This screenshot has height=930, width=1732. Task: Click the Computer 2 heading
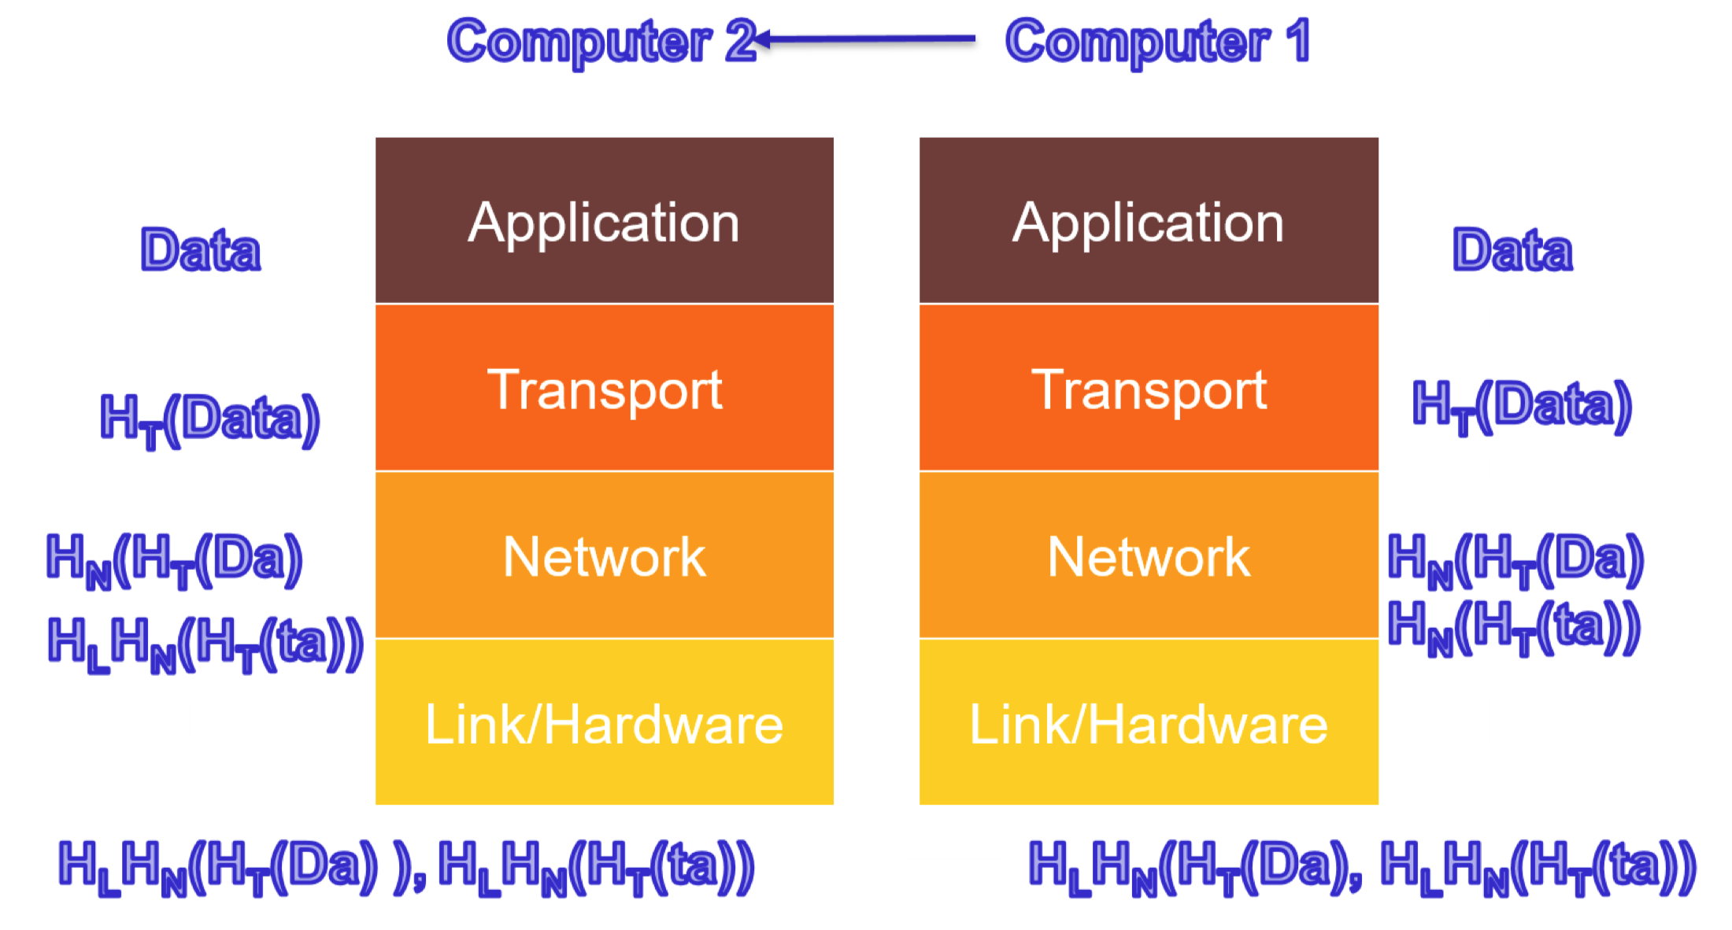click(x=600, y=41)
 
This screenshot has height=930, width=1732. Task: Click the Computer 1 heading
click(x=1157, y=41)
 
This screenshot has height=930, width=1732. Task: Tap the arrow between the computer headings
click(x=866, y=38)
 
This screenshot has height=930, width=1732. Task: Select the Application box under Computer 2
click(x=604, y=221)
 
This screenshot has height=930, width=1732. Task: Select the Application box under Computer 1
click(x=1149, y=221)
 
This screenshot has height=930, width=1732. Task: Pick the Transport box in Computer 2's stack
click(x=604, y=389)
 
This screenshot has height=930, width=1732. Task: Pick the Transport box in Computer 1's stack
click(x=1149, y=389)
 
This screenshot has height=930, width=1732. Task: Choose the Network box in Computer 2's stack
click(x=604, y=556)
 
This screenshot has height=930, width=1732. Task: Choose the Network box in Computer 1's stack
click(x=1149, y=556)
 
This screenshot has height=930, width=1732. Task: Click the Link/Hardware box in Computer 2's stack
click(x=604, y=723)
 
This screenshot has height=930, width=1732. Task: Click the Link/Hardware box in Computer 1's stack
click(x=1149, y=723)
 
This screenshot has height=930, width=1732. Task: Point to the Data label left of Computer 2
click(x=200, y=250)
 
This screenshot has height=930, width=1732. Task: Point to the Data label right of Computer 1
click(x=1512, y=250)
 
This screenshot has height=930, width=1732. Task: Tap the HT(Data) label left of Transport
click(x=209, y=419)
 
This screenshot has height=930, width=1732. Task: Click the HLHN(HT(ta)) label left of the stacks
click(x=205, y=644)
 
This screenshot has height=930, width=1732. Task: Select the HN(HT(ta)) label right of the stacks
click(x=1513, y=627)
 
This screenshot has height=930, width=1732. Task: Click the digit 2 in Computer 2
click(x=740, y=41)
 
